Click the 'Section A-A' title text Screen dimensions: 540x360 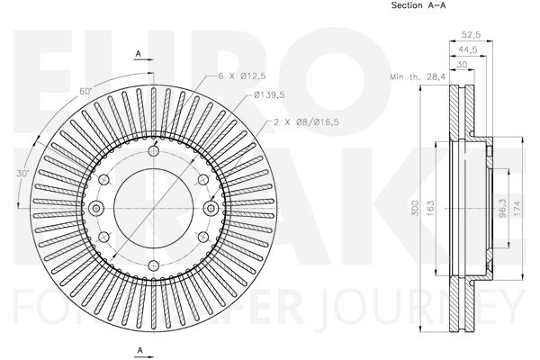click(x=418, y=5)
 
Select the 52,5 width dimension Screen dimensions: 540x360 click(x=471, y=34)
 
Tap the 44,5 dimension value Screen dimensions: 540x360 click(x=467, y=49)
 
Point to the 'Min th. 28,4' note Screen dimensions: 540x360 click(x=418, y=76)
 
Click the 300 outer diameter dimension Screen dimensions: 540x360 click(x=416, y=208)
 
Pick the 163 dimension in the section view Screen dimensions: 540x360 click(x=431, y=208)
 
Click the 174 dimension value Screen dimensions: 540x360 click(x=517, y=209)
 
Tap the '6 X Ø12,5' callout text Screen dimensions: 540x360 click(x=242, y=76)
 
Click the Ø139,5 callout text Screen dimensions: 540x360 click(x=269, y=94)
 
